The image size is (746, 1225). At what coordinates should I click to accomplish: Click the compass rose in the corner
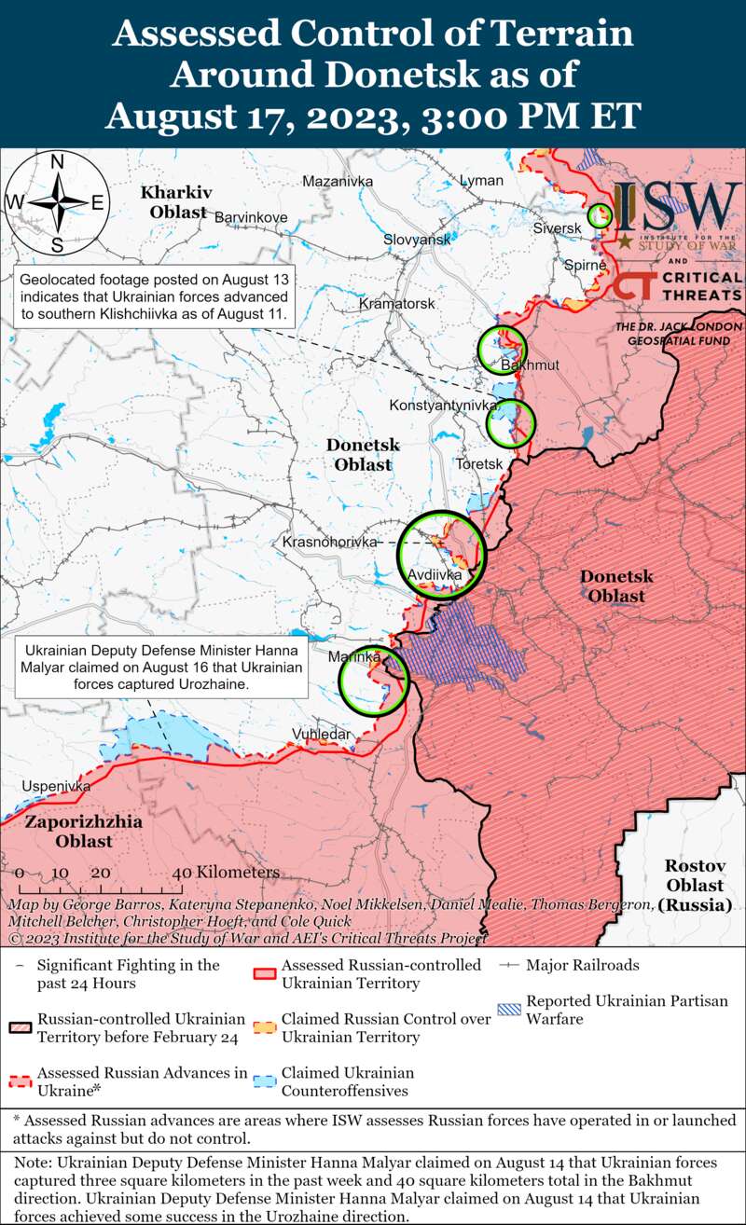pyautogui.click(x=57, y=202)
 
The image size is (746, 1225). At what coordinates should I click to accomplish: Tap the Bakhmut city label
pyautogui.click(x=530, y=365)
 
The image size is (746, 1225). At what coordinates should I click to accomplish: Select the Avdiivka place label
pyautogui.click(x=435, y=574)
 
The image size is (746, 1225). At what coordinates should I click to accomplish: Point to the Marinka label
pyautogui.click(x=355, y=657)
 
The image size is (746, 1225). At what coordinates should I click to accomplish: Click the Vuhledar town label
pyautogui.click(x=322, y=735)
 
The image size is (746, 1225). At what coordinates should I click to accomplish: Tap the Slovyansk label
pyautogui.click(x=417, y=240)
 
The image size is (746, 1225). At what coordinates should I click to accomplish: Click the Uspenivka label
pyautogui.click(x=57, y=786)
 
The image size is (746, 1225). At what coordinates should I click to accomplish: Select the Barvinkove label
pyautogui.click(x=251, y=217)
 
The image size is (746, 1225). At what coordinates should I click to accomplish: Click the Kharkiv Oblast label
pyautogui.click(x=176, y=202)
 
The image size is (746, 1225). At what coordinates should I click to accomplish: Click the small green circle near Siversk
pyautogui.click(x=599, y=216)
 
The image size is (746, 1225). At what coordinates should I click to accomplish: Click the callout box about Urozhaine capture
pyautogui.click(x=163, y=666)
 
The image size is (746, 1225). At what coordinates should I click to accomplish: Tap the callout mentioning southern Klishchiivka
pyautogui.click(x=155, y=297)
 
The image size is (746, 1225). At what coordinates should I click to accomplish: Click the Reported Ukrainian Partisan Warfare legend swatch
pyautogui.click(x=509, y=1009)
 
